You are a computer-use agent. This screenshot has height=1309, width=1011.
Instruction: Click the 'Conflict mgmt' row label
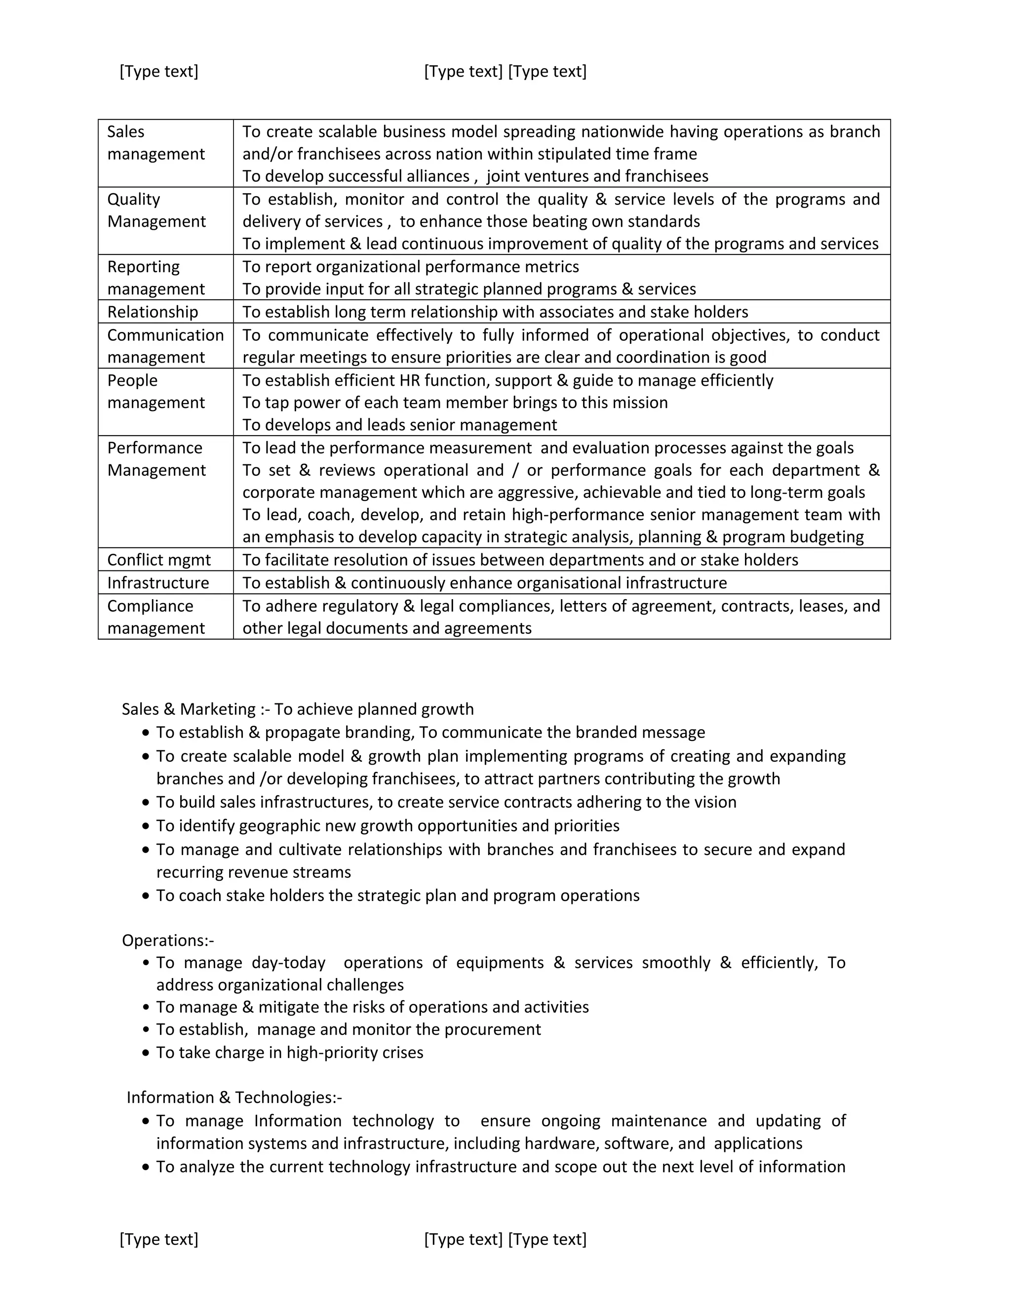[159, 560]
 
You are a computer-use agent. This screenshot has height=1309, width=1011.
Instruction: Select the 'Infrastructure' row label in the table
[158, 582]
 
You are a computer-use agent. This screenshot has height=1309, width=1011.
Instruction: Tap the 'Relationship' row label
[152, 312]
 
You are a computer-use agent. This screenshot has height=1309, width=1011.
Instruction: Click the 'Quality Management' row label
[156, 210]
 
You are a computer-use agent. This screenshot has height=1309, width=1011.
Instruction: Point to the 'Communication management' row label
[165, 346]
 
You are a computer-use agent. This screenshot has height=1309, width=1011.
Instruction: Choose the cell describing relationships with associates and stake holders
[495, 312]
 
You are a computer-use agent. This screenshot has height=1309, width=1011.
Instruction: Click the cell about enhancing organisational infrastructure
[485, 582]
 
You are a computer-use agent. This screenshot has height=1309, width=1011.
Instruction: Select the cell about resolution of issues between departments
[520, 560]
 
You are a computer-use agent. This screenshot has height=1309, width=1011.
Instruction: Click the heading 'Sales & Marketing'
[189, 709]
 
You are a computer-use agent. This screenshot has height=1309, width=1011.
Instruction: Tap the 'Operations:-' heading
[168, 941]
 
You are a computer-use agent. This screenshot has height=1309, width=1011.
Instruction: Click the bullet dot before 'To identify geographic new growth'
[146, 826]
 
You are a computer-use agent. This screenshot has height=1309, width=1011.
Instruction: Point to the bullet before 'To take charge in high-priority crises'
[146, 1053]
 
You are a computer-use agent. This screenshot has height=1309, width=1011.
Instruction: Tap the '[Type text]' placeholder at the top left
[159, 71]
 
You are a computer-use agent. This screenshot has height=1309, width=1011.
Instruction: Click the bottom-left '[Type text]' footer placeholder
[159, 1239]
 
